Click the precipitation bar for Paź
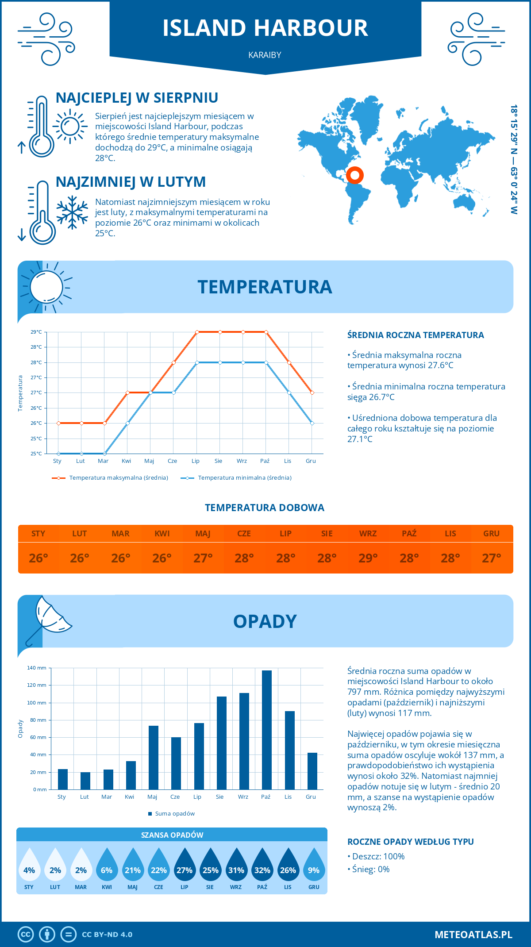266,730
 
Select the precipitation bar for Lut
85,781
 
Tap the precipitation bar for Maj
153,758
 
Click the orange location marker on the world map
354,175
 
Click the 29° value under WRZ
368,558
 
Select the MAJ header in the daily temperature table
203,534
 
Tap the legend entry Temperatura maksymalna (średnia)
110,478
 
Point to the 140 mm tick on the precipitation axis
37,668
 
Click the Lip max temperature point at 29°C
197,332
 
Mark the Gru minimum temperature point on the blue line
312,423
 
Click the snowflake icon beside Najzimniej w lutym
72,212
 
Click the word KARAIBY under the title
265,55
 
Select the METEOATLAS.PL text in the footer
473,934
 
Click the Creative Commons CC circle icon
26,934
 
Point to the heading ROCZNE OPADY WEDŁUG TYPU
410,842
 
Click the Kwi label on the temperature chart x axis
127,461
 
